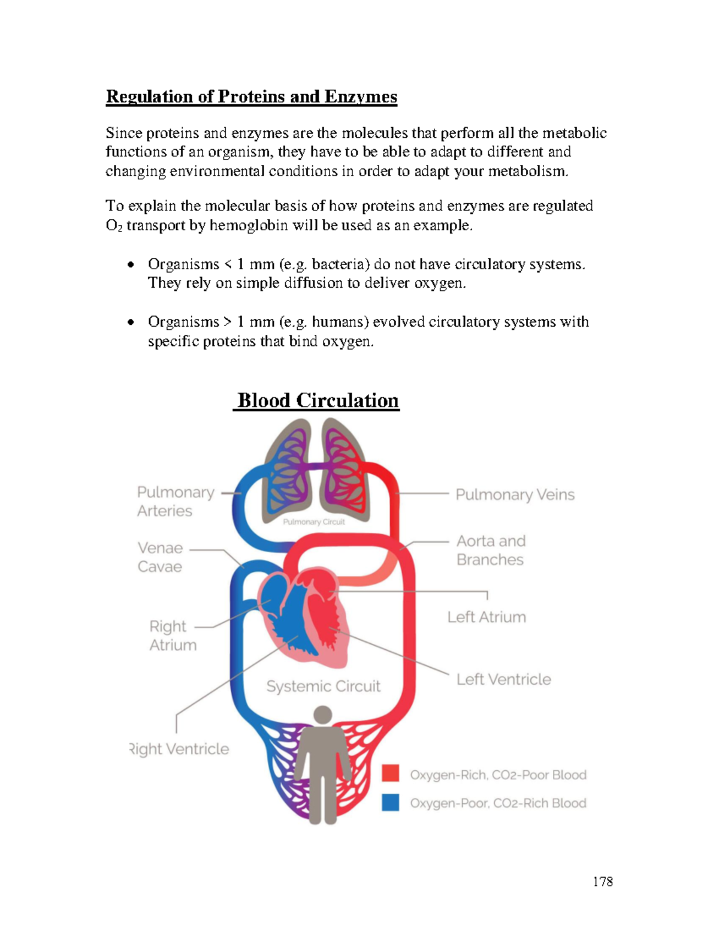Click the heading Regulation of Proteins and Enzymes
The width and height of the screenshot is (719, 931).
(251, 97)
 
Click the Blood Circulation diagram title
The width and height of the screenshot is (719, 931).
(318, 400)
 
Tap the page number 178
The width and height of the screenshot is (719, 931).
(602, 881)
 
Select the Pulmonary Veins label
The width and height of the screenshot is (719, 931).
(515, 495)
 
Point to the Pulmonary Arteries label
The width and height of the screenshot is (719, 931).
(175, 501)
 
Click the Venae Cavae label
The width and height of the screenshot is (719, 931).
(160, 557)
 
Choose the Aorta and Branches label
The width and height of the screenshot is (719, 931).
(491, 550)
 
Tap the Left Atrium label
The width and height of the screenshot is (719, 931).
(487, 617)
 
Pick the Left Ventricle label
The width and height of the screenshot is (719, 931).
(503, 679)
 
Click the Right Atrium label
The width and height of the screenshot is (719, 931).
(173, 635)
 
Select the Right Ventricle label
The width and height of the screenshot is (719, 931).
(180, 749)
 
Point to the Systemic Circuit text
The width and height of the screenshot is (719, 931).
(323, 686)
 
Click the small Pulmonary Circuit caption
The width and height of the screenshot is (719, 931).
(313, 522)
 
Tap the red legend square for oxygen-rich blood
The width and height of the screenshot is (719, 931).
(391, 773)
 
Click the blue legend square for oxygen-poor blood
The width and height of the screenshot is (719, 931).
(391, 802)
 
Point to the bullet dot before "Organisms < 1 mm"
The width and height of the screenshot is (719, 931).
(130, 264)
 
